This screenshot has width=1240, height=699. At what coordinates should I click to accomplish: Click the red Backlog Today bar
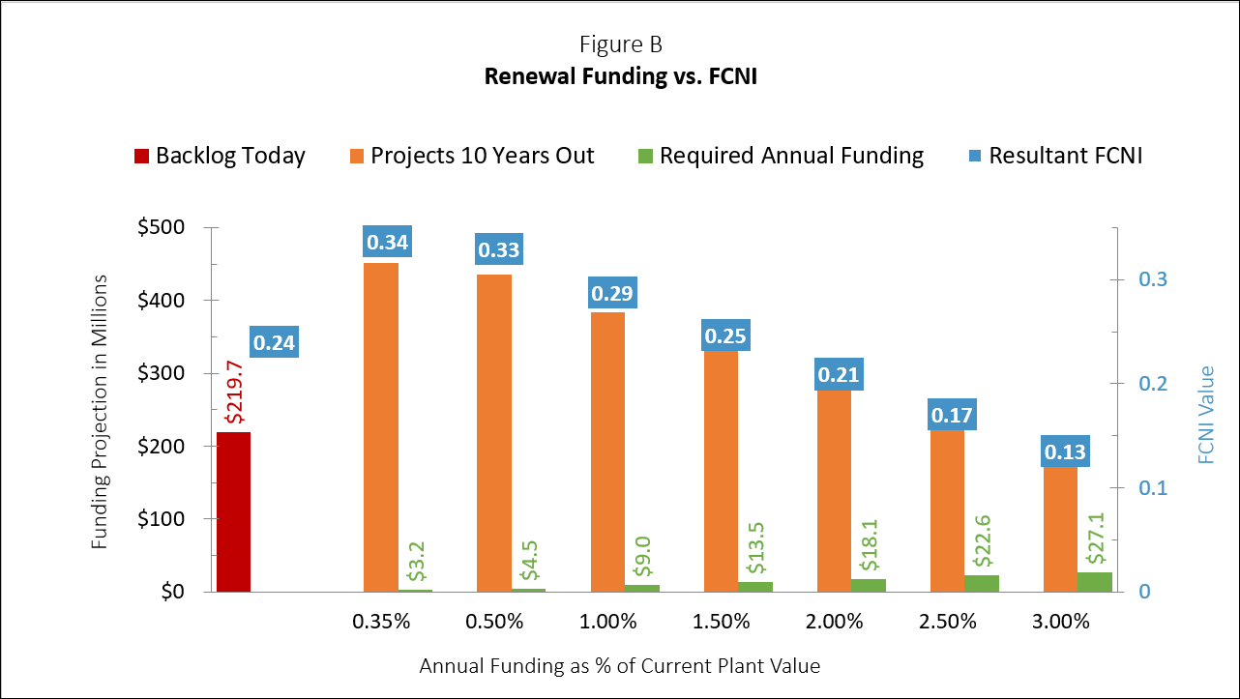(x=233, y=511)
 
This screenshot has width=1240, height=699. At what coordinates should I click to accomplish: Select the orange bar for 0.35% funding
(x=381, y=426)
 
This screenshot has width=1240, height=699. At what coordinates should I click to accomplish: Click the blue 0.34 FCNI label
(x=386, y=241)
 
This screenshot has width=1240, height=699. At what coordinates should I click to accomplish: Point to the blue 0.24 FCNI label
(x=275, y=341)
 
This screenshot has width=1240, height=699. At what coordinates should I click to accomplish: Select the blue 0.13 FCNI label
(x=1064, y=451)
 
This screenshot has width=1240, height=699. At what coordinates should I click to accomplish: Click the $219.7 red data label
(x=233, y=391)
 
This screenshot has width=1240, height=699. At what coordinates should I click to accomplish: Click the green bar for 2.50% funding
(x=982, y=583)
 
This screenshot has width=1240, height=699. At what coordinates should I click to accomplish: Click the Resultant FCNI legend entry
(x=1053, y=156)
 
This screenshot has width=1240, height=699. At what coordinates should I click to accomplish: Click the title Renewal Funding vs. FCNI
(x=620, y=76)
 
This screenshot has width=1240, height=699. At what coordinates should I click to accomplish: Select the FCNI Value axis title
(x=1206, y=414)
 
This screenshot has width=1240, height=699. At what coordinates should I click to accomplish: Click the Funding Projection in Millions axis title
(x=100, y=412)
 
